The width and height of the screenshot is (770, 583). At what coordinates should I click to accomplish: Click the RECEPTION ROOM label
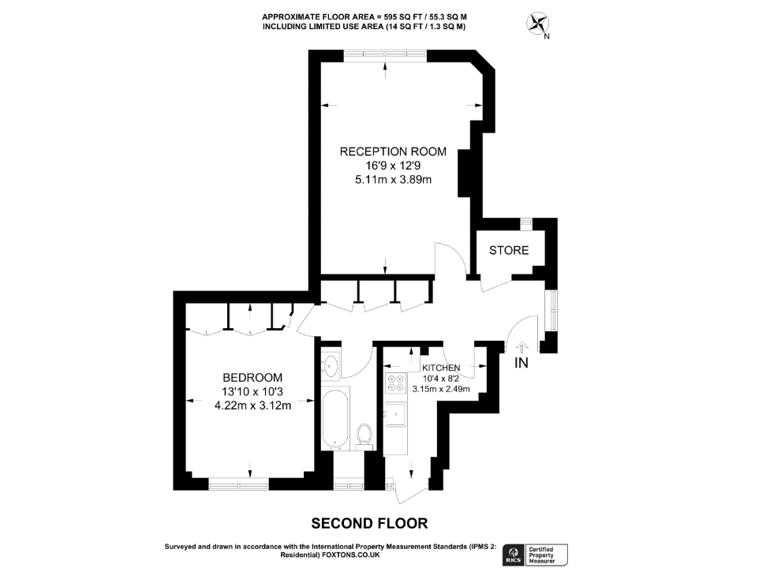click(x=393, y=151)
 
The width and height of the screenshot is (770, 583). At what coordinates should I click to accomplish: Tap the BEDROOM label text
click(x=252, y=378)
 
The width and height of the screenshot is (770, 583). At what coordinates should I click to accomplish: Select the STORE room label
click(x=509, y=251)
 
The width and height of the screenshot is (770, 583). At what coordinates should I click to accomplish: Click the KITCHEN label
click(x=441, y=368)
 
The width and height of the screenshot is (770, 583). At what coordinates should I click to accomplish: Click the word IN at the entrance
click(x=521, y=363)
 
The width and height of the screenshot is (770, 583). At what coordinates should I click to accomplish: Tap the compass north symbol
click(x=538, y=24)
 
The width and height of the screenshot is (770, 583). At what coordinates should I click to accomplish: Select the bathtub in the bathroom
click(x=335, y=418)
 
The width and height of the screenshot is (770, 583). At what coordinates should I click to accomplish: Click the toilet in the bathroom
click(x=364, y=434)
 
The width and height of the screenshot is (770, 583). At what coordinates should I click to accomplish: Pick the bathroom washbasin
click(x=331, y=366)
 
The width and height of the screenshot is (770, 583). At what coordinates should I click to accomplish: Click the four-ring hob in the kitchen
click(x=395, y=384)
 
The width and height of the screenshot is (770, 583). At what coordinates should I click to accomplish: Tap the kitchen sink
click(x=395, y=413)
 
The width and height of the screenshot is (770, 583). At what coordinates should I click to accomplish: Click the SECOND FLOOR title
click(x=369, y=523)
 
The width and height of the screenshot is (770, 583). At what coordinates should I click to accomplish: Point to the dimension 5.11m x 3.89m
click(x=393, y=180)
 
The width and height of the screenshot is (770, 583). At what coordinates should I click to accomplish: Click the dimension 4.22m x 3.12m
click(x=252, y=406)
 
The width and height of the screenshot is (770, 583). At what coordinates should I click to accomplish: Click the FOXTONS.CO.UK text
click(x=351, y=555)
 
